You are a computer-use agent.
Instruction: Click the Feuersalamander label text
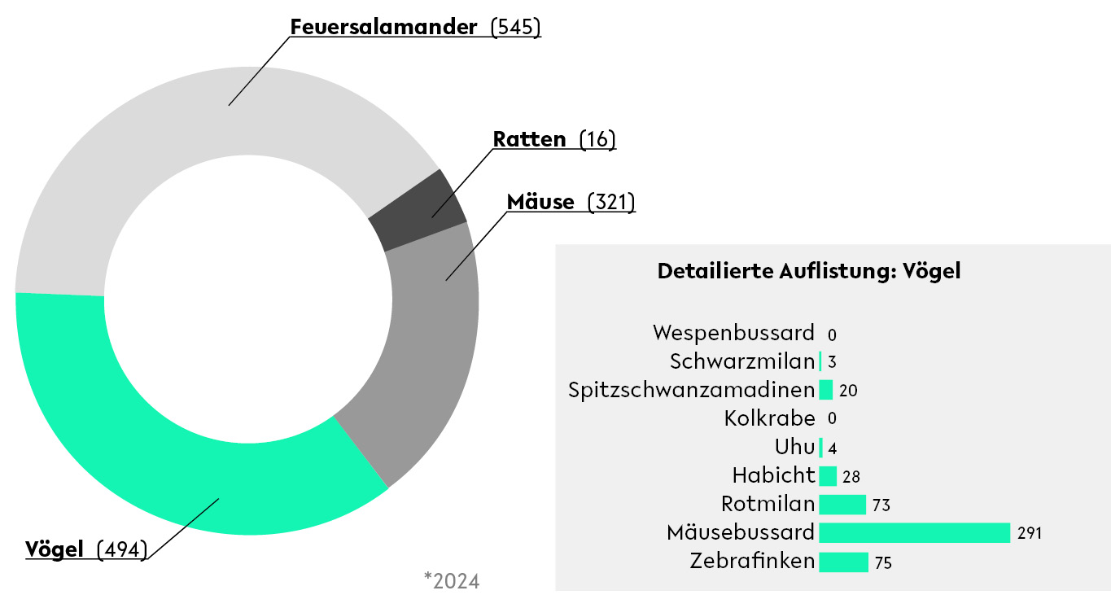[x=383, y=27]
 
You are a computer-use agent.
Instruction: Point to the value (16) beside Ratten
[x=597, y=139]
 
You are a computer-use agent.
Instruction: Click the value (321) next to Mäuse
[x=611, y=202]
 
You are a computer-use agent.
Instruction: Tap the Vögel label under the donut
[x=55, y=549]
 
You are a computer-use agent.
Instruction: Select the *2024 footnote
[x=452, y=580]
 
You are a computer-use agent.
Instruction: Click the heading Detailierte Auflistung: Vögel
[x=809, y=271]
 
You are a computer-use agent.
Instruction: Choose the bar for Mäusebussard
[x=914, y=533]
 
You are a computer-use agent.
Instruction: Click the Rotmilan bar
[x=842, y=505]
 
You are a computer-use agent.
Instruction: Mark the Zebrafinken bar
[x=843, y=562]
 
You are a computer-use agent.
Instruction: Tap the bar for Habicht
[x=827, y=476]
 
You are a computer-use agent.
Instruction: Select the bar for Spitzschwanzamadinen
[x=825, y=390]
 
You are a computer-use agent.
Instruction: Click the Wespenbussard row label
[x=733, y=333]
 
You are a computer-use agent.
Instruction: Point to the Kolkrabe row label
[x=769, y=419]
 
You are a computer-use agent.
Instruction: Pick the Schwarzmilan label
[x=742, y=361]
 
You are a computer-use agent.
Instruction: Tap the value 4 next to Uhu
[x=832, y=448]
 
